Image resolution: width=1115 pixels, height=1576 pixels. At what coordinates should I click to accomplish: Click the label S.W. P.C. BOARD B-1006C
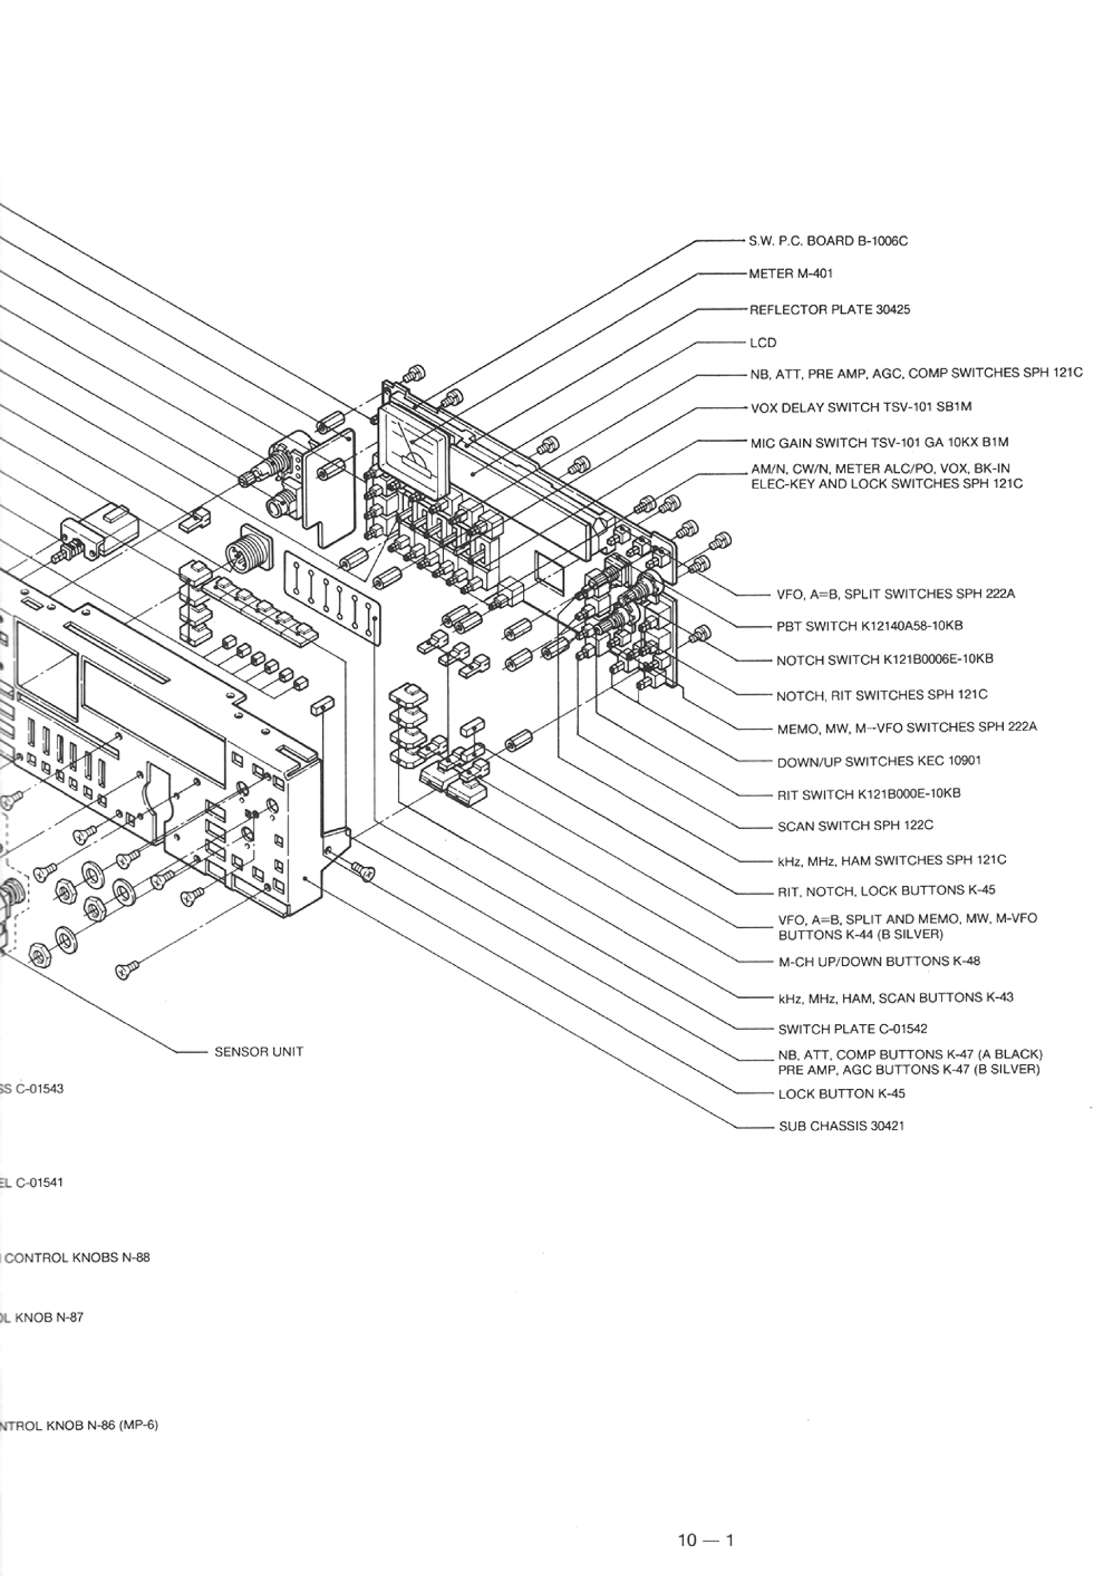828,241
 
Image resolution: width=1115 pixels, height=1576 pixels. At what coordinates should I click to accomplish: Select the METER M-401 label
791,274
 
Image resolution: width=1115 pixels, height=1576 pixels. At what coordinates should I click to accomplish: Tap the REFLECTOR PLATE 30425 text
829,310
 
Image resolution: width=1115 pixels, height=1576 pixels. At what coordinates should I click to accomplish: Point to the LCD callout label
763,343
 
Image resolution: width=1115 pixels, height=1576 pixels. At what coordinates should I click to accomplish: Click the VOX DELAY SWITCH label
861,407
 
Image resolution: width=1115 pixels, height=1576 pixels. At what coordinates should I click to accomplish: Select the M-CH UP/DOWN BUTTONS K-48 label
879,962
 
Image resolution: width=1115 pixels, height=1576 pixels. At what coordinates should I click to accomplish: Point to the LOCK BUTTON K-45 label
841,1094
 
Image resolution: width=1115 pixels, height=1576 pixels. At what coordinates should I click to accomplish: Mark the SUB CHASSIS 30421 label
841,1127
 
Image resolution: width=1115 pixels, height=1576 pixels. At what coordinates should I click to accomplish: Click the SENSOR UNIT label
259,1052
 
